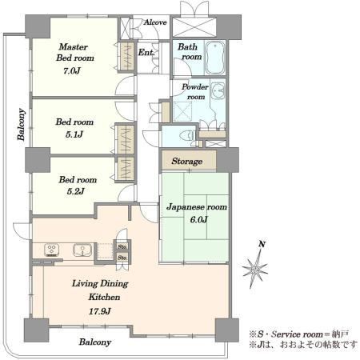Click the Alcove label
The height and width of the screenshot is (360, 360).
155,22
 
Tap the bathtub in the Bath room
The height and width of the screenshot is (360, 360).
214,58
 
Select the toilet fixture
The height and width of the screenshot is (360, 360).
188,135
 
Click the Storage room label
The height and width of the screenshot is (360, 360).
187,161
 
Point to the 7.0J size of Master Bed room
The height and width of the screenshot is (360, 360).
72,71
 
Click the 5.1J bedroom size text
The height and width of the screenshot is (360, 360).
74,134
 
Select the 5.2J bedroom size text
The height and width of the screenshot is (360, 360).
75,191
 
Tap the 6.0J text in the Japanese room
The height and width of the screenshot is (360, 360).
198,220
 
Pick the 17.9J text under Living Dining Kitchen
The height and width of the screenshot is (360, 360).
99,311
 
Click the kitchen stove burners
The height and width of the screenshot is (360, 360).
51,250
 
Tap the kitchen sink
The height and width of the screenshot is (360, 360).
82,250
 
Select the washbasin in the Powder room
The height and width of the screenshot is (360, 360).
218,90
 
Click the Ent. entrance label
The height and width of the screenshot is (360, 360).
146,52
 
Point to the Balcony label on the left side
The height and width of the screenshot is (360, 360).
22,124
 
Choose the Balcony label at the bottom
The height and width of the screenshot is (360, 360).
95,342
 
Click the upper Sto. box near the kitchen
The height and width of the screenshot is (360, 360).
122,246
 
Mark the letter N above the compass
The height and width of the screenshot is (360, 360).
262,244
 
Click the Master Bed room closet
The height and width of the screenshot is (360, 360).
126,57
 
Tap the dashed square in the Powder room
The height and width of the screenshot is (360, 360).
182,110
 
